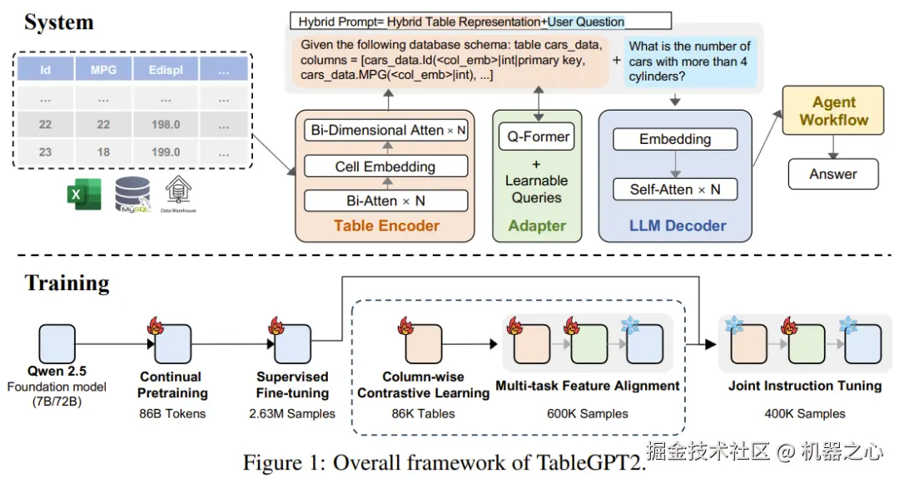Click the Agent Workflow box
coord(833,111)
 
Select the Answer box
coord(832,174)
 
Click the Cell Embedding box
coord(385,166)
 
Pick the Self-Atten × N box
coord(675,190)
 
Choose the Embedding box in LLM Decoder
coord(675,139)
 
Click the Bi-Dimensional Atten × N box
coord(385,131)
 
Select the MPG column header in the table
coord(104,70)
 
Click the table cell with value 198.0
coord(166,125)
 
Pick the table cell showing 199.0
coord(166,152)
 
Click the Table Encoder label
coord(386,225)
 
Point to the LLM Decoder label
coord(678,225)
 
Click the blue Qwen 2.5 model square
coord(57,343)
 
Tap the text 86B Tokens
coord(173,413)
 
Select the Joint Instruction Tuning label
coord(804,386)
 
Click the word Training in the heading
coord(67,283)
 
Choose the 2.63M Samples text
coord(292,413)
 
